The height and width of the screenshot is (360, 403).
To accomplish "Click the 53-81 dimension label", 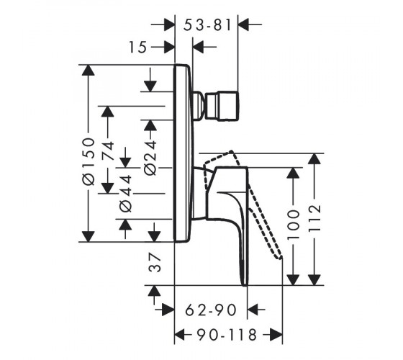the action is pos(208,25).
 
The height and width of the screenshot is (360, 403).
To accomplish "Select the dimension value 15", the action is pos(137,48).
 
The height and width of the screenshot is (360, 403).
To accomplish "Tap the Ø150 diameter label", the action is pos(89,161).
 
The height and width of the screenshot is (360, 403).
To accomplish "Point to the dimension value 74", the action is pos(108,150).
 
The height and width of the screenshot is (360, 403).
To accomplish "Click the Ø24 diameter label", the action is pos(150,158).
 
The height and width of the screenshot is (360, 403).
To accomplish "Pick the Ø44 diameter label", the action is pos(126,194).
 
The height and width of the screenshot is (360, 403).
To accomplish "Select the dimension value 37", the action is pos(155,262).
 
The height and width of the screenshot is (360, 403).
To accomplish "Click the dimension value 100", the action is pos(294,225).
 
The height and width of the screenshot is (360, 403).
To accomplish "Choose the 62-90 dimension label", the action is pos(211,310).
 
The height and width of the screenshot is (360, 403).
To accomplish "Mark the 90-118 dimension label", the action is pos(227,335).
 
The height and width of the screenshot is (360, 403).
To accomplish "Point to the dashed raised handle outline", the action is pos(243,203).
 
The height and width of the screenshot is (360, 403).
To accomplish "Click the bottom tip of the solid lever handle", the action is pos(245,285).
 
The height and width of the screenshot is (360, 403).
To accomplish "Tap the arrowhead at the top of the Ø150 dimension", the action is pos(88,70).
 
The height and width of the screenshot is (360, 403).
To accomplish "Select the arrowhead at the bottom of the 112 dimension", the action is pos(314,280).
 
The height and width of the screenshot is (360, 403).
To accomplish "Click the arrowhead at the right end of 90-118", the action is pos(277,335).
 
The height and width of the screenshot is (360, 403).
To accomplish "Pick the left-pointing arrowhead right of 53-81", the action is pos(243,24).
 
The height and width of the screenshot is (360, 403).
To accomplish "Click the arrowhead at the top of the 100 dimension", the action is pos(293,173).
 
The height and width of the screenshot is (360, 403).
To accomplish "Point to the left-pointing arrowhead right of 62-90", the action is pos(253,310).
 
